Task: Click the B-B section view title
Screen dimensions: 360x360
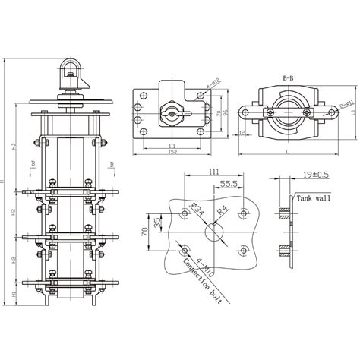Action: [288, 77]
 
